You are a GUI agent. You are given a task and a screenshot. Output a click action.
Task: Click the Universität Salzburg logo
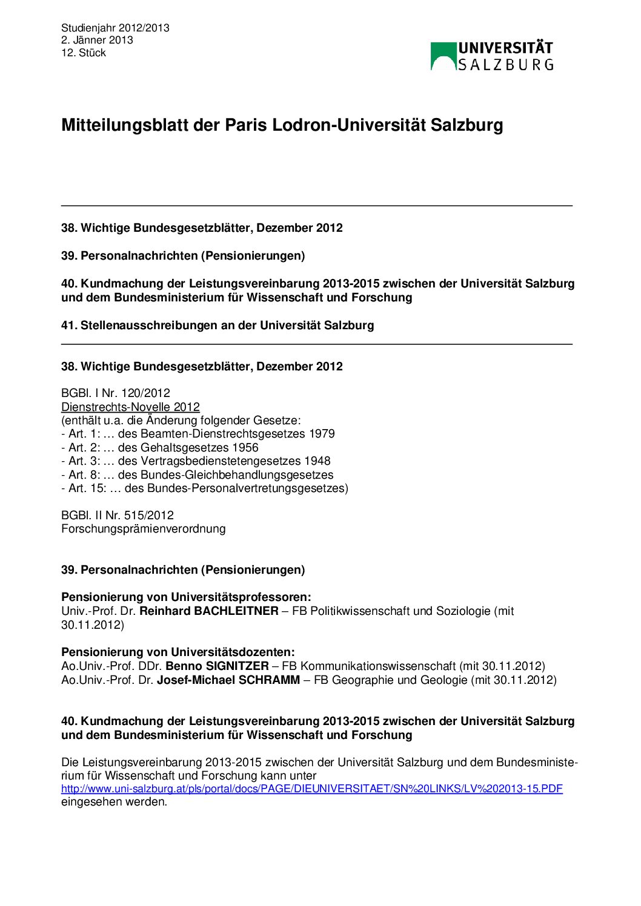pos(491,56)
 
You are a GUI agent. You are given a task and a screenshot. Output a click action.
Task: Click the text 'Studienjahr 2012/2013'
pos(115,28)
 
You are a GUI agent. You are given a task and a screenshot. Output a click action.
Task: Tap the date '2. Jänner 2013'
pos(97,41)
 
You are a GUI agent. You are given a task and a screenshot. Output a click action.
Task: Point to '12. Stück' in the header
pos(84,53)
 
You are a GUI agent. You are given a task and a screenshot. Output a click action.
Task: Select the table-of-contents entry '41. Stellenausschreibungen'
pos(218,326)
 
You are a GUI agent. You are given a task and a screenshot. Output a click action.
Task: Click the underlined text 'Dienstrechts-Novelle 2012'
pos(130,407)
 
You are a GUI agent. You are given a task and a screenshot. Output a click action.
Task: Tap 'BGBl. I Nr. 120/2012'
pos(116,393)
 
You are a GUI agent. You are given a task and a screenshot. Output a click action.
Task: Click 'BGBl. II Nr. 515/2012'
pos(118,516)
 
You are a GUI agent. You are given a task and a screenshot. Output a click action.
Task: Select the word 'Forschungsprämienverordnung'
pos(144,529)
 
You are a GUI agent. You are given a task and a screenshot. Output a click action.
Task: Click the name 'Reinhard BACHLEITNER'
pos(209,611)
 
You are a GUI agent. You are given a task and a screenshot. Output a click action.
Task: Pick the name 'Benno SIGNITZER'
pos(217,666)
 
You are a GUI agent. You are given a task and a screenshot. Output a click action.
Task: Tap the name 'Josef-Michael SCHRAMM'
pos(228,680)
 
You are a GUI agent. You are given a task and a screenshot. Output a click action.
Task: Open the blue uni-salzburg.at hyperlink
pos(312,789)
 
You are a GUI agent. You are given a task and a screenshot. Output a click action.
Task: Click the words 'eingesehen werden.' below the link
pos(114,803)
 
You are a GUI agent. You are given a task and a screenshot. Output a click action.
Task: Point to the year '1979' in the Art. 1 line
pos(322,434)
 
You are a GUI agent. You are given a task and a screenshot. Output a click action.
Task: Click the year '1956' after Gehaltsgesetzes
pos(245,448)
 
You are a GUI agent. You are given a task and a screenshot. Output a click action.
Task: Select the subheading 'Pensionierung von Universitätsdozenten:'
pos(178,652)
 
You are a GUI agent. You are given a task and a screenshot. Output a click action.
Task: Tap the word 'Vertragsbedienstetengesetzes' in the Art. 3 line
pos(221,461)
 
